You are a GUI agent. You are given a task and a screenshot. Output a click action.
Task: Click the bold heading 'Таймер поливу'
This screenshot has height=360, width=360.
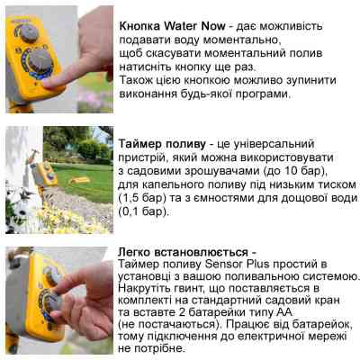[160, 143]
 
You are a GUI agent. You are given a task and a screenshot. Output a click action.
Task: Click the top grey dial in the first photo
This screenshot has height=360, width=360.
[29, 31]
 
